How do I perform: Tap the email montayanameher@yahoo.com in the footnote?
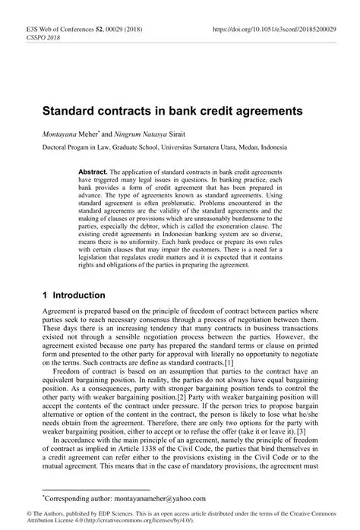(164, 498)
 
